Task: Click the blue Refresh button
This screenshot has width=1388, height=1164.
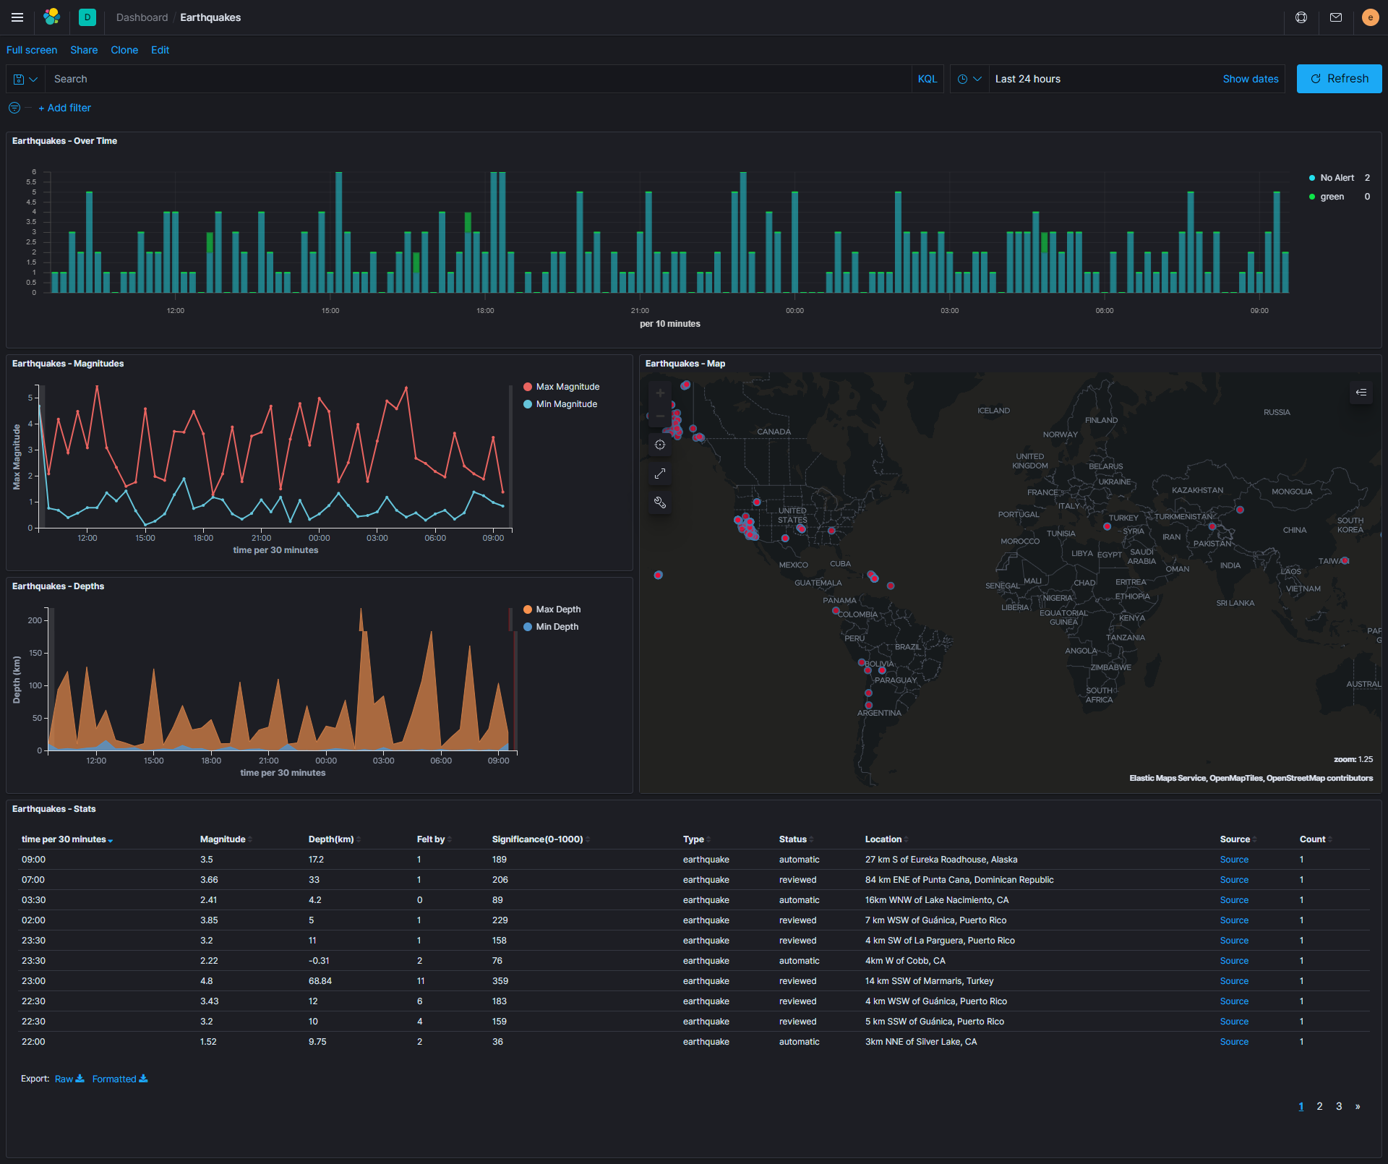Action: pyautogui.click(x=1338, y=79)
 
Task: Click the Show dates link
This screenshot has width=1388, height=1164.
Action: pyautogui.click(x=1250, y=79)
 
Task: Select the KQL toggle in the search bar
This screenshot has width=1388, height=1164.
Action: pyautogui.click(x=927, y=79)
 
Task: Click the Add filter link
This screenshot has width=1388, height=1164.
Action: pyautogui.click(x=65, y=108)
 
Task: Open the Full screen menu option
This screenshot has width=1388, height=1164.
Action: pyautogui.click(x=32, y=50)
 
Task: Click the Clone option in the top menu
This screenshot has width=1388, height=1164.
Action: pyautogui.click(x=124, y=50)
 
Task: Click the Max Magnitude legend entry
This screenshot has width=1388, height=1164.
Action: pyautogui.click(x=567, y=387)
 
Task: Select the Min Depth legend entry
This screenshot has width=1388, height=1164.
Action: pyautogui.click(x=557, y=627)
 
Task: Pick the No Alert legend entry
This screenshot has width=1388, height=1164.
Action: pyautogui.click(x=1336, y=178)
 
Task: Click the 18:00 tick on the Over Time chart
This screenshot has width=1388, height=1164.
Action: pyautogui.click(x=485, y=311)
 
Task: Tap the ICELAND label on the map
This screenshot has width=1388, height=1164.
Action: pyautogui.click(x=993, y=411)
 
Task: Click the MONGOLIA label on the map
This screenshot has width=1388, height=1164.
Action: pyautogui.click(x=1291, y=492)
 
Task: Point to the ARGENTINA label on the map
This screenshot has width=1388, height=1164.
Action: pyautogui.click(x=879, y=713)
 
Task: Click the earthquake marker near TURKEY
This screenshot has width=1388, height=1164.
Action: pyautogui.click(x=1107, y=526)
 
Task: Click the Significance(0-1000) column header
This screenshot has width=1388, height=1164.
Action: pyautogui.click(x=537, y=839)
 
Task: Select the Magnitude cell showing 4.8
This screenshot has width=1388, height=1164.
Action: pyautogui.click(x=207, y=981)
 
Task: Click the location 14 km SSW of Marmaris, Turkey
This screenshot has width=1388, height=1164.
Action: pyautogui.click(x=929, y=981)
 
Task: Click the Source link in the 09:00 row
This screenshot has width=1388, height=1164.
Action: pyautogui.click(x=1234, y=860)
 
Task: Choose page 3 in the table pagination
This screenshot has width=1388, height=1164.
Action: pyautogui.click(x=1339, y=1106)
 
